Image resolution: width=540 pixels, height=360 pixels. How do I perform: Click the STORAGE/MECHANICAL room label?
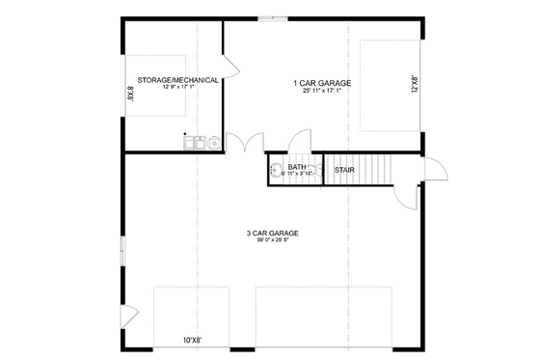tap(176, 79)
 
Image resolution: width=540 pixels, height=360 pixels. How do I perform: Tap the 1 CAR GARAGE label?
tap(322, 83)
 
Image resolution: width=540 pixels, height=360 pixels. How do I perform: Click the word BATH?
tap(296, 167)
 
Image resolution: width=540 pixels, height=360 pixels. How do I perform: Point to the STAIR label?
tap(344, 171)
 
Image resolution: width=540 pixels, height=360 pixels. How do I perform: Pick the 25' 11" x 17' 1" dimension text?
tap(322, 93)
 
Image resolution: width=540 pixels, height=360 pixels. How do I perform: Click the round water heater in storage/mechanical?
tap(213, 143)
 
